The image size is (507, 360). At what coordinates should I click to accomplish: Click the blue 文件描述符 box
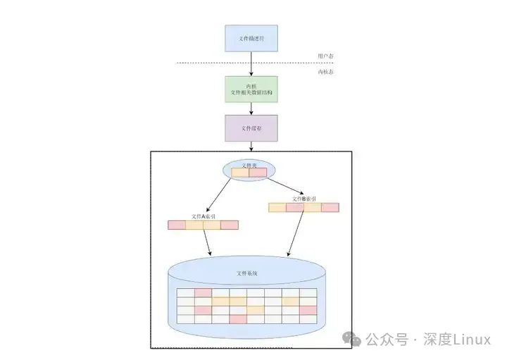pyautogui.click(x=251, y=38)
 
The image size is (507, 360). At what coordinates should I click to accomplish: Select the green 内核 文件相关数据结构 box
pyautogui.click(x=251, y=89)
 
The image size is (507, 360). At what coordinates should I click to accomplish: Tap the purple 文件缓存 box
pyautogui.click(x=251, y=128)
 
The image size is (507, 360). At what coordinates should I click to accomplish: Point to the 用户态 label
pyautogui.click(x=325, y=56)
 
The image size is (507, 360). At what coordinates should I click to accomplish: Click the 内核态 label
pyautogui.click(x=325, y=72)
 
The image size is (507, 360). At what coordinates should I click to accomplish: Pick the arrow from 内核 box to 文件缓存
pyautogui.click(x=251, y=108)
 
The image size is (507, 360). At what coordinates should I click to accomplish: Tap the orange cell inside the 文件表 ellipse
pyautogui.click(x=241, y=173)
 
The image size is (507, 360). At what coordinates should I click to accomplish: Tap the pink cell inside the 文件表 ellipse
pyautogui.click(x=258, y=173)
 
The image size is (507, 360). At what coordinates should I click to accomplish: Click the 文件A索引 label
pyautogui.click(x=204, y=216)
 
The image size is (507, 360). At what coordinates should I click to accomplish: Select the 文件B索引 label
pyautogui.click(x=304, y=199)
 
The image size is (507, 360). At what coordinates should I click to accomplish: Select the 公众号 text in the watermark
pyautogui.click(x=387, y=340)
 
